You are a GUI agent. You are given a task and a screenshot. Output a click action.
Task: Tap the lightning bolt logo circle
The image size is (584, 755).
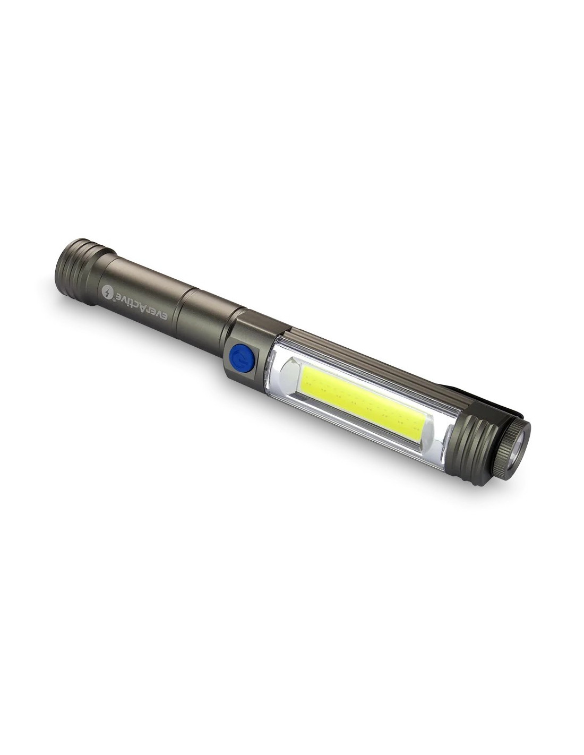click(x=108, y=292)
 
